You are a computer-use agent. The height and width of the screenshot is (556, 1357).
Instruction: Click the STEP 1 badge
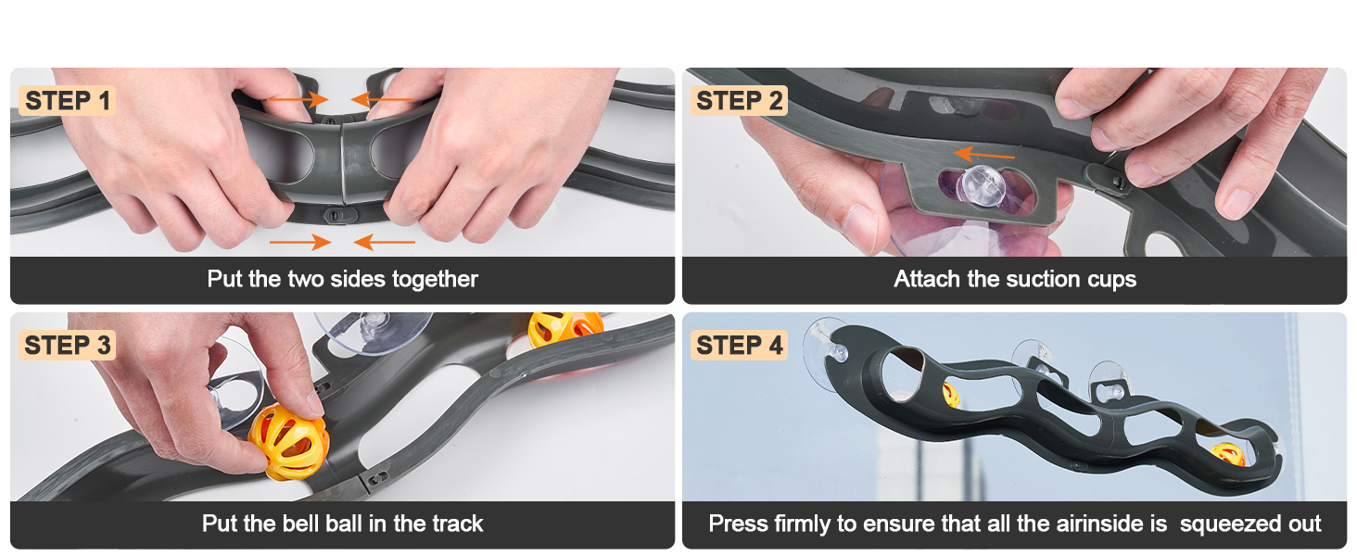pos(68,100)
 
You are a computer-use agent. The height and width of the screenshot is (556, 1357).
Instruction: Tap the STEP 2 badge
pos(739,100)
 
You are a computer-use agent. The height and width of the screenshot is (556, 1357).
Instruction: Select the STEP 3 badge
pos(68,346)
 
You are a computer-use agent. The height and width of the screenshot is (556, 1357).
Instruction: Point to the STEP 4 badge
pos(739,346)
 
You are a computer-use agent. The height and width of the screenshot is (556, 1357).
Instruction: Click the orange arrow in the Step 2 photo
pos(984,155)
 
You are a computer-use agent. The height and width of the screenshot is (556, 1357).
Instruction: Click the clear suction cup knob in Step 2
pos(983,184)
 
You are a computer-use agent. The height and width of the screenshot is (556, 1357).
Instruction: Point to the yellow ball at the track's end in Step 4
pos(1227,455)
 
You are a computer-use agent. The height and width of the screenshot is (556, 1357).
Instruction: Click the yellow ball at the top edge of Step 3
pos(564,330)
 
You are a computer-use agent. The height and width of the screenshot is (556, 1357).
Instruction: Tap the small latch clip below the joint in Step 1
pos(340,215)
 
